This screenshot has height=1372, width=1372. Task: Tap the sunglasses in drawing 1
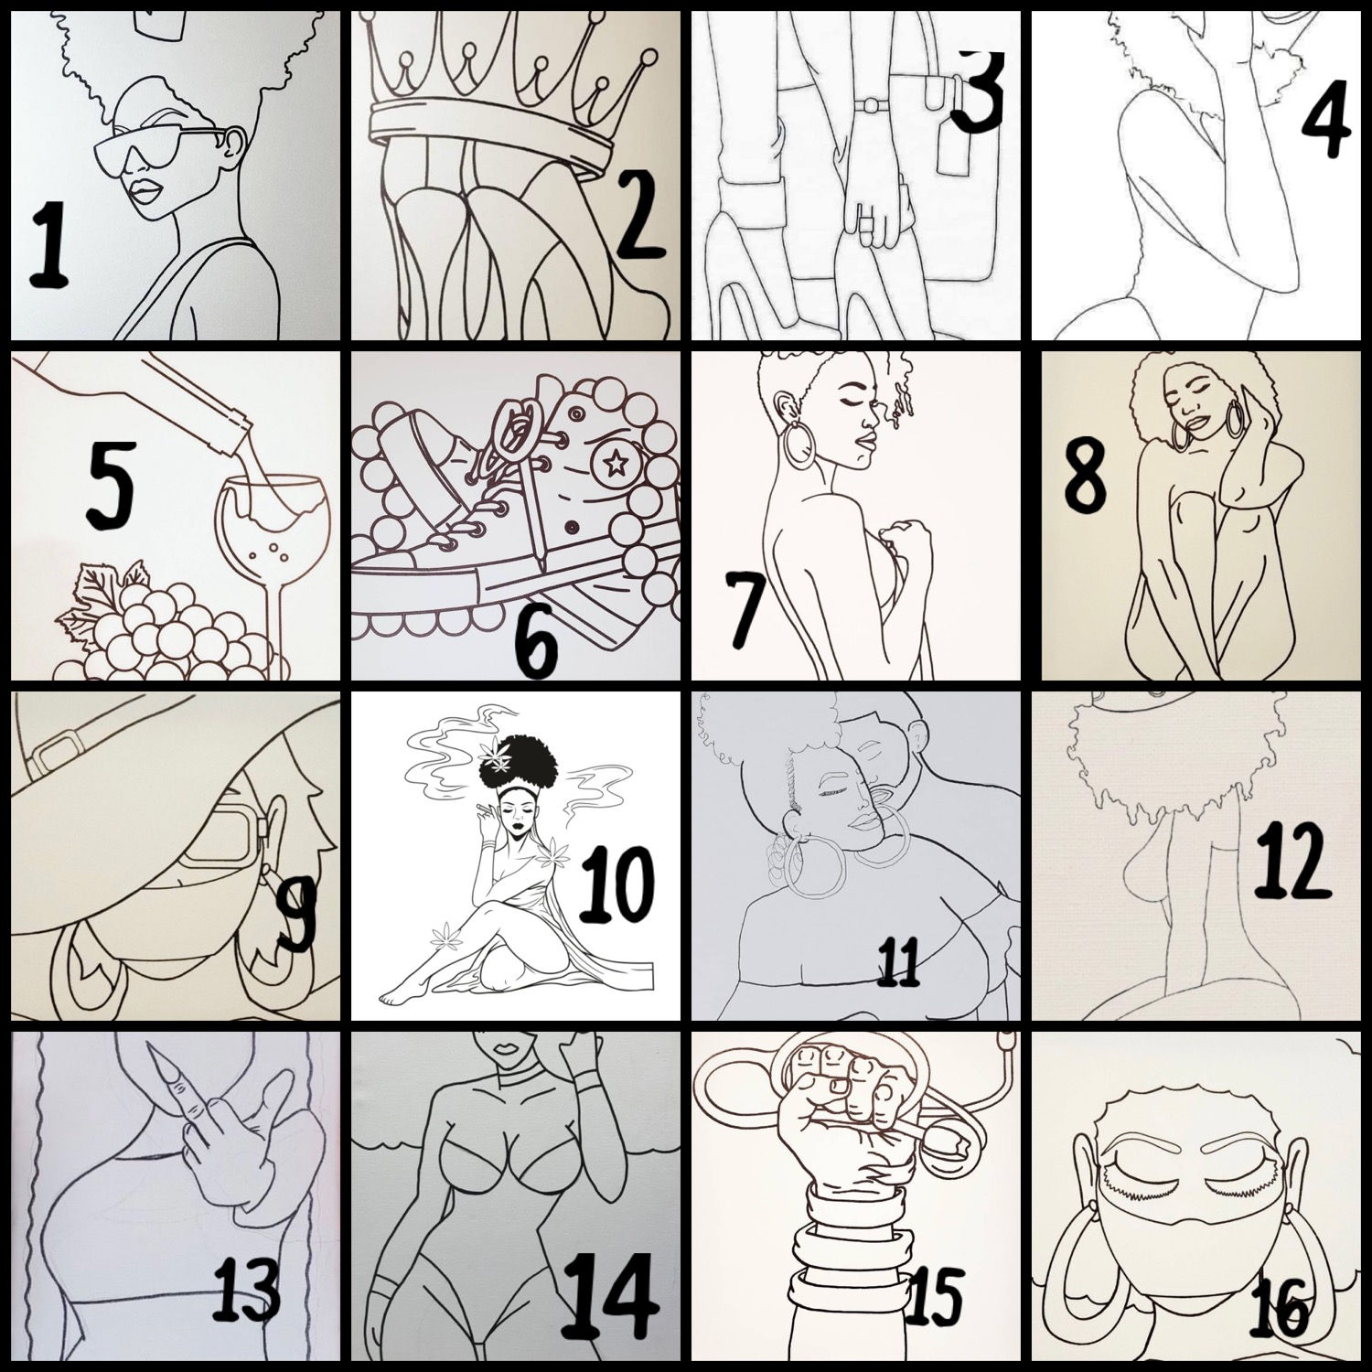[157, 151]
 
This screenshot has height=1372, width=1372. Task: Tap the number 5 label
[111, 485]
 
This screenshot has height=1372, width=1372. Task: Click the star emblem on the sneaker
[607, 465]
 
